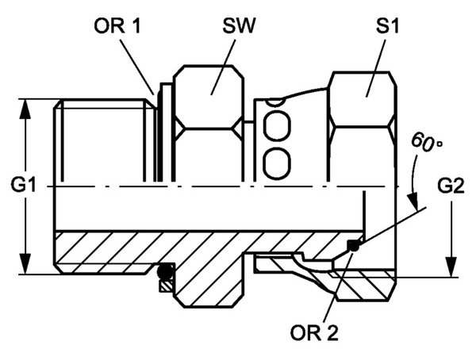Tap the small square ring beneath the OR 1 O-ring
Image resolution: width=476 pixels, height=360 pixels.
point(165,285)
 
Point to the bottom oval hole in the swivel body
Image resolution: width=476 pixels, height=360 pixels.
point(276,163)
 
